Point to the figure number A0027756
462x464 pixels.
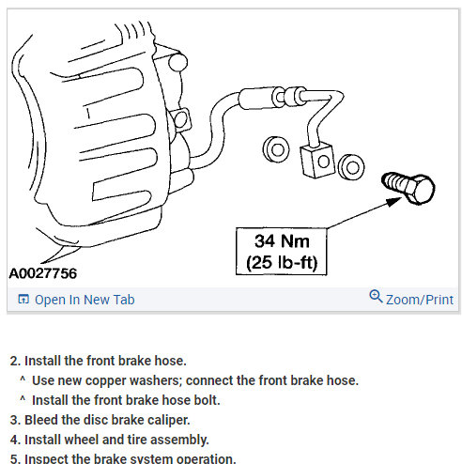43,274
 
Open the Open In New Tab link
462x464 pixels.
85,300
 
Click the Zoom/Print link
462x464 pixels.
420,300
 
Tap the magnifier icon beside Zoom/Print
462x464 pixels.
376,298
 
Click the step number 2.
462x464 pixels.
14,360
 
